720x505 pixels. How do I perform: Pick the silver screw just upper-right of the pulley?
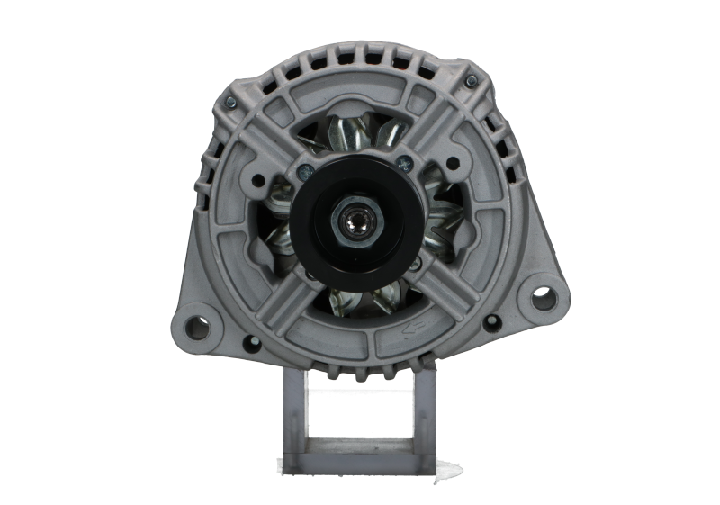407,162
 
